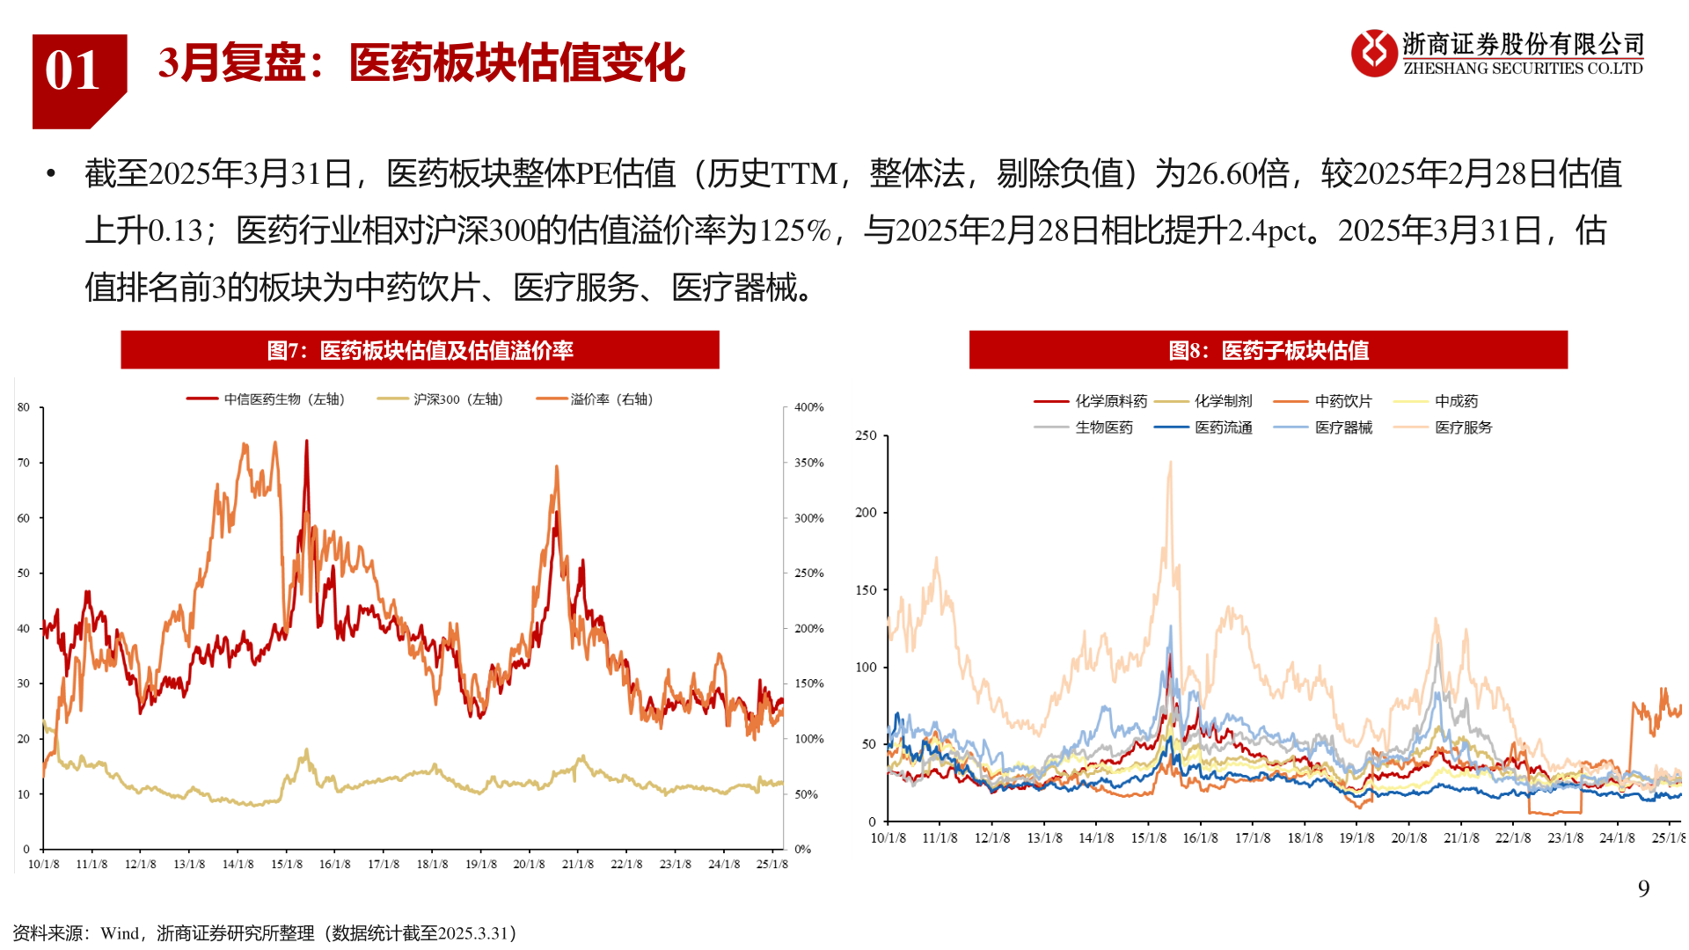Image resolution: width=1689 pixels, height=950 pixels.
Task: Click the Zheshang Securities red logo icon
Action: point(1373,53)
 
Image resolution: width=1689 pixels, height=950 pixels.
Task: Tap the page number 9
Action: point(1643,888)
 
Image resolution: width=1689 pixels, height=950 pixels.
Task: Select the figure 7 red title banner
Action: point(420,350)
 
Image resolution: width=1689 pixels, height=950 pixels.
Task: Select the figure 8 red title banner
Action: point(1268,350)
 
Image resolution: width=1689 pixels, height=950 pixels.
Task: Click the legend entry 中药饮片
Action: point(1342,401)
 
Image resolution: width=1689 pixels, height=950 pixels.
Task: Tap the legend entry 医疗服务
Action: point(1463,427)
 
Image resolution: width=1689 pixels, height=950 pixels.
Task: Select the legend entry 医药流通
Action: point(1223,427)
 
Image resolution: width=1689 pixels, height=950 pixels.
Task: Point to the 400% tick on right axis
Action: point(808,407)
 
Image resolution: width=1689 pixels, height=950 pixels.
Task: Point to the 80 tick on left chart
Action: point(24,407)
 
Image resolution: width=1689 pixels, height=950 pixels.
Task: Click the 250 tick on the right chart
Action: point(866,435)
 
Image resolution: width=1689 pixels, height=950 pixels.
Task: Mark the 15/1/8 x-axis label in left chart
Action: point(287,865)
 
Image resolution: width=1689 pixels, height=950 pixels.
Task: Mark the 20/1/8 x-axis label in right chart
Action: point(1408,838)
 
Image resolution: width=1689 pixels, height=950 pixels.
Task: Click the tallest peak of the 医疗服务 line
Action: point(1170,463)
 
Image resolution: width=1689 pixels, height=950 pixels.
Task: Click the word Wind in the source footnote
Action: point(120,933)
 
